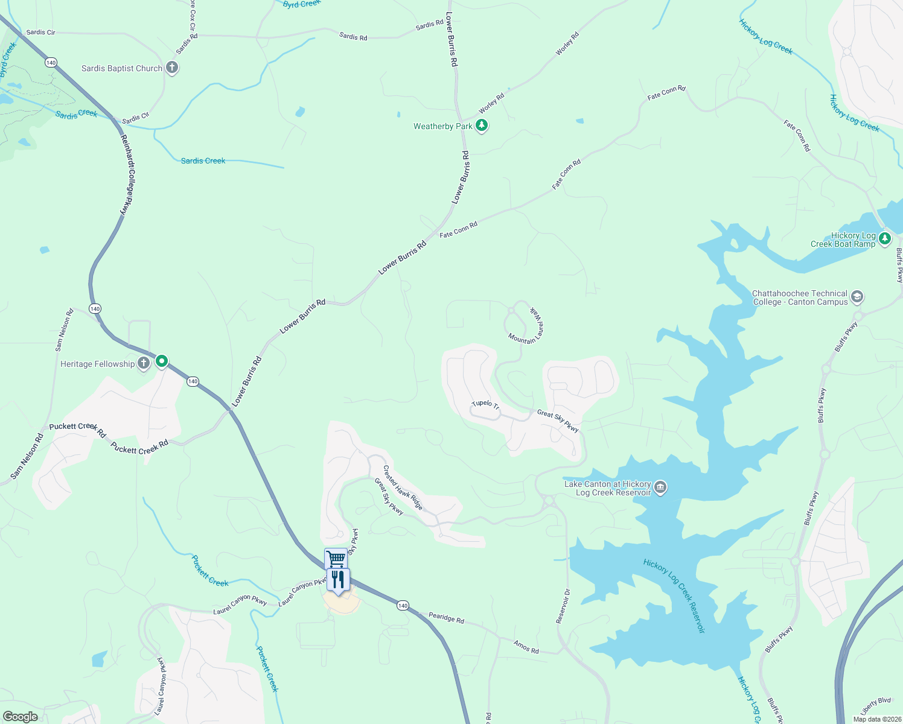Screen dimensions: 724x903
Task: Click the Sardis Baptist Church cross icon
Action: tap(172, 68)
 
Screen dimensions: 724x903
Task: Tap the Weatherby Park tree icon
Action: tap(481, 125)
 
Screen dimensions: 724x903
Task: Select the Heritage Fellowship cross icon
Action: tap(144, 363)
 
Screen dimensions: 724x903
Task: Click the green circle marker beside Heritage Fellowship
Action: tap(162, 361)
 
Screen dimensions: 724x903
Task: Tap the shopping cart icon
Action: tap(336, 559)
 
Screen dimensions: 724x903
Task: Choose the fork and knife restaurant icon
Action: tap(338, 580)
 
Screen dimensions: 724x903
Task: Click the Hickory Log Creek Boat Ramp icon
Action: tap(885, 238)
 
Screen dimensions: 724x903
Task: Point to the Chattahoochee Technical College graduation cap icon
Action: tap(857, 297)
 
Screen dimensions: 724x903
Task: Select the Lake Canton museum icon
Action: tap(660, 487)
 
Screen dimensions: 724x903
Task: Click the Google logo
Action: tap(21, 717)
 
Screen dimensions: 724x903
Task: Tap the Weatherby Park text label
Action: tap(443, 126)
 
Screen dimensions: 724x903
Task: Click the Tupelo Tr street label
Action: tap(485, 405)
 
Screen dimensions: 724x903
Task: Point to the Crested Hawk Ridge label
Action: tap(403, 487)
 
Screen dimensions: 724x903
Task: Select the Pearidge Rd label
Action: tap(446, 618)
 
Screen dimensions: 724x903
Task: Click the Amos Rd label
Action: tap(526, 647)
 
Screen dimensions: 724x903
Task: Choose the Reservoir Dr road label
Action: tap(563, 606)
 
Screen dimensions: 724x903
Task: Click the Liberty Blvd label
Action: tap(875, 703)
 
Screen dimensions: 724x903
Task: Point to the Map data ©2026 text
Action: tap(875, 719)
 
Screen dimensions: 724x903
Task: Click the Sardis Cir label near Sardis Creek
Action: tap(135, 118)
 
